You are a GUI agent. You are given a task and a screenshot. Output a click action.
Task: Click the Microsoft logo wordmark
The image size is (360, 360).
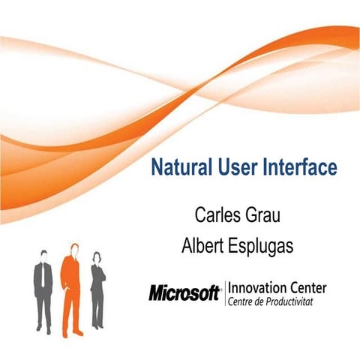click(x=184, y=292)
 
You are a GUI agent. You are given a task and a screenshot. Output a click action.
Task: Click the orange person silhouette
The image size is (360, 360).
click(x=71, y=289)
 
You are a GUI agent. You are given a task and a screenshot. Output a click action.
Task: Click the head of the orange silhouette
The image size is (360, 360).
click(x=73, y=248)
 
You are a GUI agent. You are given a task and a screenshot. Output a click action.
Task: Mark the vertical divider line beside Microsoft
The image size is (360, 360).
click(x=223, y=292)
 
